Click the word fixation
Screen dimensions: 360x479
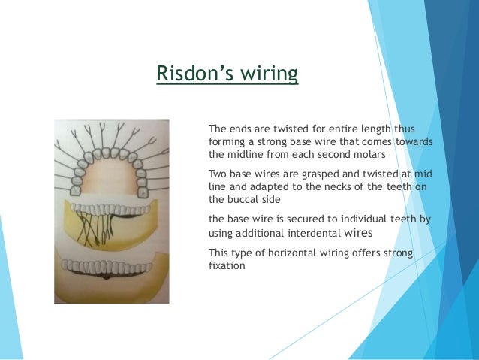226,265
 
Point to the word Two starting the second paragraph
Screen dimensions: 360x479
217,174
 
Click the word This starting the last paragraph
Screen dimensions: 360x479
219,253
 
